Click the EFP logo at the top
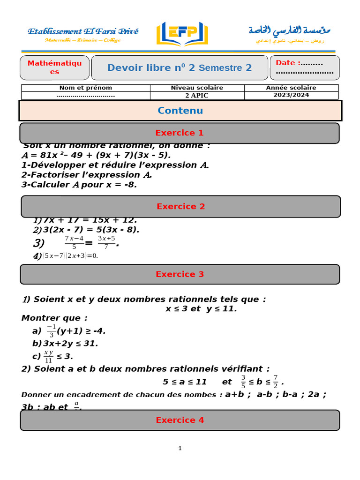pyautogui.click(x=182, y=33)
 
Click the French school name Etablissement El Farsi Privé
pyautogui.click(x=83, y=31)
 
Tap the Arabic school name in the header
pyautogui.click(x=289, y=30)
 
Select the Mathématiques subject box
pyautogui.click(x=54, y=67)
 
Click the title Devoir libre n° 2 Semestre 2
pyautogui.click(x=180, y=68)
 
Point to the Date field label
pyautogui.click(x=285, y=63)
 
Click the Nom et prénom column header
pyautogui.click(x=86, y=88)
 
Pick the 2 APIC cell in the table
pyautogui.click(x=197, y=96)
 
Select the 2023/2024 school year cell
pyautogui.click(x=291, y=95)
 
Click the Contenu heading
pyautogui.click(x=180, y=111)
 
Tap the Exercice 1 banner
pyautogui.click(x=180, y=133)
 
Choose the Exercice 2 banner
pyautogui.click(x=180, y=206)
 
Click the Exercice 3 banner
pyautogui.click(x=180, y=274)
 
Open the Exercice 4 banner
pyautogui.click(x=180, y=420)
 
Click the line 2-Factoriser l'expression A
pyautogui.click(x=87, y=175)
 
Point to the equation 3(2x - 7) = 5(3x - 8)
pyautogui.click(x=91, y=230)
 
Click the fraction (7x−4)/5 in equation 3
pyautogui.click(x=74, y=243)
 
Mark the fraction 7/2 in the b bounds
pyautogui.click(x=276, y=382)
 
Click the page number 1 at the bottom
pyautogui.click(x=180, y=449)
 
